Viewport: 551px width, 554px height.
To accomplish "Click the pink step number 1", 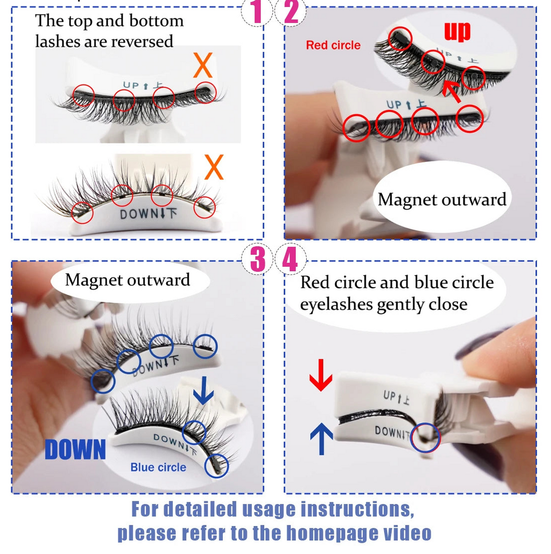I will [257, 12].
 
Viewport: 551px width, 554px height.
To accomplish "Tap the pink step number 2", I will [291, 12].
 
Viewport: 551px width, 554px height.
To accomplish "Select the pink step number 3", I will [258, 260].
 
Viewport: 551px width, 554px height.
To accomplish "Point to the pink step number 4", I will [290, 260].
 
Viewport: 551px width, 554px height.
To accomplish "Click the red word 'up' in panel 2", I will [457, 31].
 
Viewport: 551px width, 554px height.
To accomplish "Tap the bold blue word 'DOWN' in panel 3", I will [75, 450].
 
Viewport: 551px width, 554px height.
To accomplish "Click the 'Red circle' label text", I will [333, 45].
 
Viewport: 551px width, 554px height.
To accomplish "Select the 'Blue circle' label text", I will [158, 467].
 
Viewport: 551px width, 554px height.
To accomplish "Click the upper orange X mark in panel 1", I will [203, 66].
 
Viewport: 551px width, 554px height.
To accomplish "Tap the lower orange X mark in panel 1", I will [214, 167].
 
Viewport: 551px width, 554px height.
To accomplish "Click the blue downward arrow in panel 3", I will [203, 391].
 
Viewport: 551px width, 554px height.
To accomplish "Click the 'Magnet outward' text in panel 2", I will [442, 200].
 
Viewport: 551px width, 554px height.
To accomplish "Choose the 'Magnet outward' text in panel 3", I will [128, 280].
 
